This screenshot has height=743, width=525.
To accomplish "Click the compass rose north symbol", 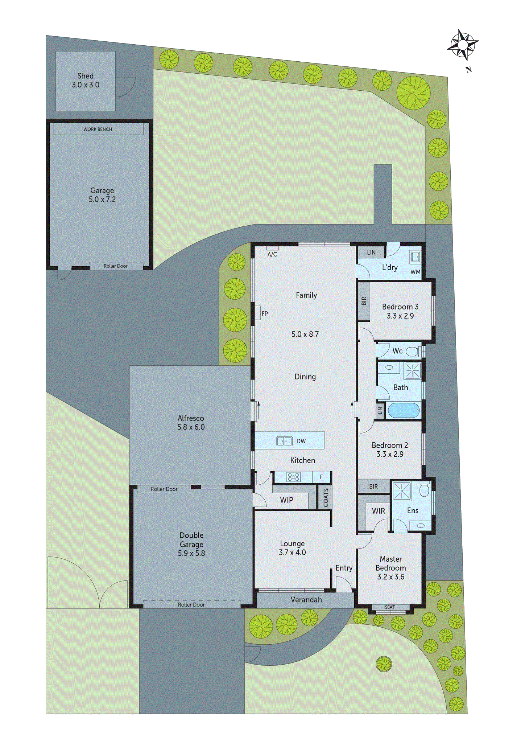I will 462,45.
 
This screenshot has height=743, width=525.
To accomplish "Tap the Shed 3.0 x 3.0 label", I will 86,81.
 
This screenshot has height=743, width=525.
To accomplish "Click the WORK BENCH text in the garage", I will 98,129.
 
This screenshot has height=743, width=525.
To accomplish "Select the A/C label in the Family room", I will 272,254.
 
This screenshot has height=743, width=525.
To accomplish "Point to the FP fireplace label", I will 265,313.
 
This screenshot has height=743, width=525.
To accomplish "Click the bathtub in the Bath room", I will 404,411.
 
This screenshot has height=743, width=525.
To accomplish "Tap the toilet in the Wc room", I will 412,351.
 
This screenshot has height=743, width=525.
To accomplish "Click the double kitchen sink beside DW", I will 285,441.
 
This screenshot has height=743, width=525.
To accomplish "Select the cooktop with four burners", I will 293,477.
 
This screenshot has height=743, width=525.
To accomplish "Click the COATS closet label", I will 326,498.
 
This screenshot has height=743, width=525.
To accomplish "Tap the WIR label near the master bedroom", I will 379,511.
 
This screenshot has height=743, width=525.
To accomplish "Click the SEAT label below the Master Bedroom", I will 390,607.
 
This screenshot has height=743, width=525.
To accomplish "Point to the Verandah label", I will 306,600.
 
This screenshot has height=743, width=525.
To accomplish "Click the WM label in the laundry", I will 416,272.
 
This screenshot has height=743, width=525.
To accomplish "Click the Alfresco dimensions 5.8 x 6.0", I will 191,427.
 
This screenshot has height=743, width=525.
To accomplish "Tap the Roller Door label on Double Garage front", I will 191,605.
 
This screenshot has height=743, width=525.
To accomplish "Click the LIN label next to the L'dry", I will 371,253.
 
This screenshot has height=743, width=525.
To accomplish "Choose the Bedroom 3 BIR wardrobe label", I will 364,301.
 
